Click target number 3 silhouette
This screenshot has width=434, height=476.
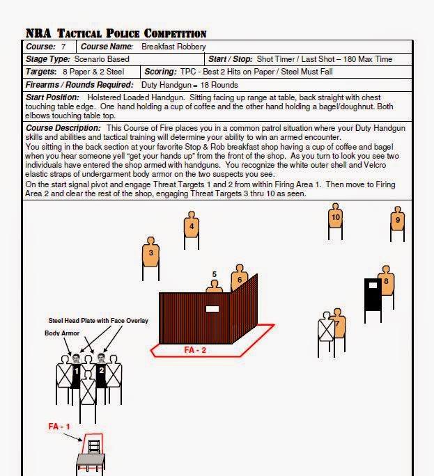coord(150,253)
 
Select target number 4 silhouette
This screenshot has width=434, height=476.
coord(191,225)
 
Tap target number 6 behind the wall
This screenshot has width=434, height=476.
coord(239,280)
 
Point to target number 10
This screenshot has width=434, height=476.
coord(335,218)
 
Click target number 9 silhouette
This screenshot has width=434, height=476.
coord(397,220)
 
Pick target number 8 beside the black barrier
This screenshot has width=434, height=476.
coord(385,282)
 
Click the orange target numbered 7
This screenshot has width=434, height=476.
coord(339,325)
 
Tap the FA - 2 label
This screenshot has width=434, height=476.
coord(194,350)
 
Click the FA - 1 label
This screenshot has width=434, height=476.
coord(59,426)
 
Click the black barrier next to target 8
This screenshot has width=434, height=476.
coord(372,295)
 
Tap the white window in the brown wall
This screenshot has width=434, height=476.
coord(212,308)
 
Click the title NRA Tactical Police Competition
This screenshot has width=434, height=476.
coord(116,33)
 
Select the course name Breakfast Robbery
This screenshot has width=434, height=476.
coord(173,47)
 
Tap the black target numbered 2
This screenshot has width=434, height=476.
coord(101,371)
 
